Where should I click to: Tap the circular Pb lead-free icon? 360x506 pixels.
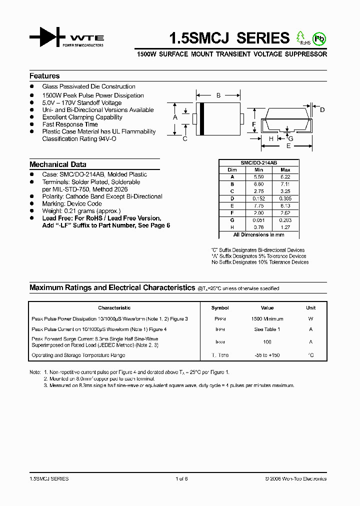click(x=319, y=38)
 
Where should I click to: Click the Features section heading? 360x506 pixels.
click(x=44, y=76)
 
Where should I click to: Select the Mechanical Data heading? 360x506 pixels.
click(x=57, y=164)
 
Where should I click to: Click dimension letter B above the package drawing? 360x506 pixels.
click(x=218, y=95)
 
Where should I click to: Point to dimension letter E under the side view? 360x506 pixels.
click(x=288, y=146)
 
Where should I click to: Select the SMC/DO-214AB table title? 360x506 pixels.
click(x=258, y=163)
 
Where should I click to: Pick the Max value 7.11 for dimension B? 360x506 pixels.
click(x=285, y=183)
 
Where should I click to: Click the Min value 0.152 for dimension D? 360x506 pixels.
click(x=258, y=198)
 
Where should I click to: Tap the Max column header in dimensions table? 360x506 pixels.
click(x=285, y=170)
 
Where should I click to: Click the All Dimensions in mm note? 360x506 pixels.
click(x=258, y=234)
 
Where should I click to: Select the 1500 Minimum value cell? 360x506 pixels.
click(x=267, y=319)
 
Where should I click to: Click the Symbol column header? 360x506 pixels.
click(x=220, y=308)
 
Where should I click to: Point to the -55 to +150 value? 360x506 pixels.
click(x=267, y=355)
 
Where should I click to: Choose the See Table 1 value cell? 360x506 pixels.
click(x=267, y=329)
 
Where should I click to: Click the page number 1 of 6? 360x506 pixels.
click(x=181, y=479)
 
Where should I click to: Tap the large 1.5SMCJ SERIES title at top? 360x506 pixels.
click(x=229, y=38)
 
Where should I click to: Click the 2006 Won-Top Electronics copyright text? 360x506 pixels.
click(x=296, y=479)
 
